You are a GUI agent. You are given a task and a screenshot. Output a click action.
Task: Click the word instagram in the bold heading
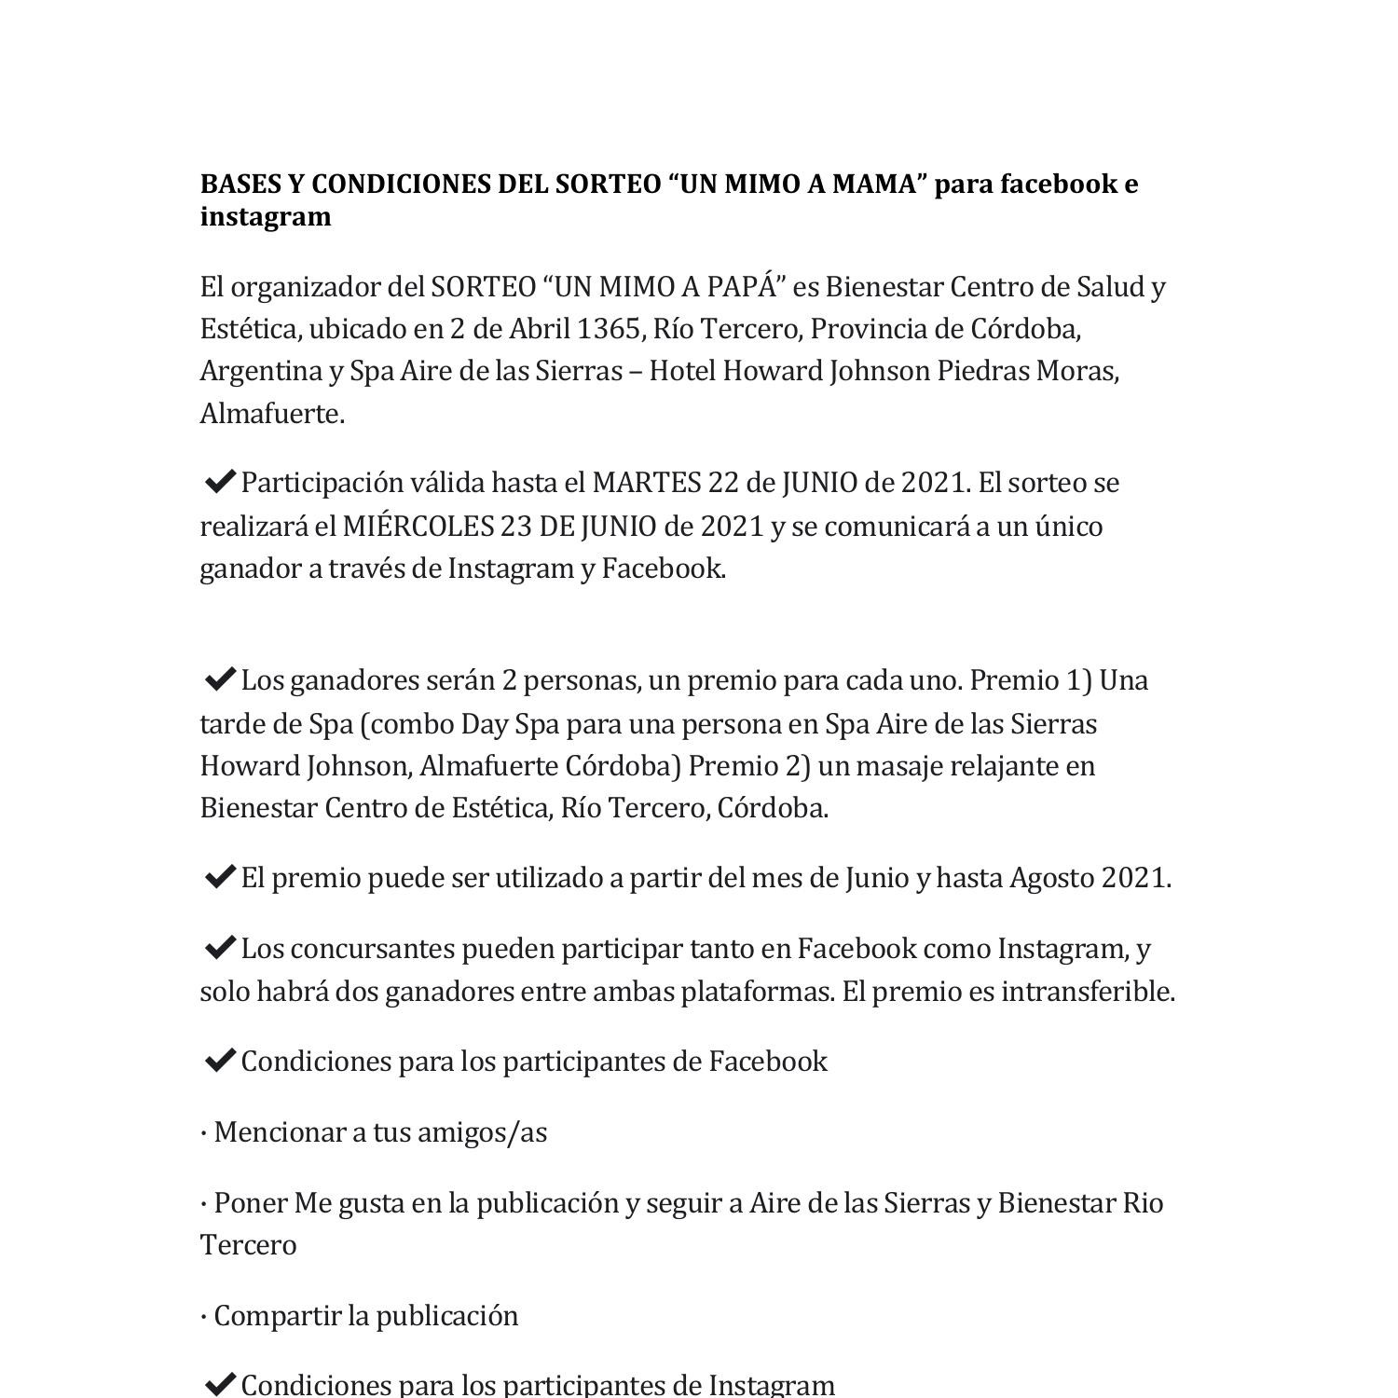pos(266,216)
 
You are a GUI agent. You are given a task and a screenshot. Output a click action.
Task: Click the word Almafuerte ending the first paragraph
pos(270,414)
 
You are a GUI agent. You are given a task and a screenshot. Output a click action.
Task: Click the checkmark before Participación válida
pos(218,482)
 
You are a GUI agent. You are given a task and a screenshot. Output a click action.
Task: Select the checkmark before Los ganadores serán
pos(218,680)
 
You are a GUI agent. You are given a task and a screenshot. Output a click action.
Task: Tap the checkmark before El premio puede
pos(218,878)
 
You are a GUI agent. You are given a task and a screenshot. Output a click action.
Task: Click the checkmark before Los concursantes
pos(218,949)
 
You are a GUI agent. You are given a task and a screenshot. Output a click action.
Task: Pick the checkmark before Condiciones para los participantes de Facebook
pos(218,1062)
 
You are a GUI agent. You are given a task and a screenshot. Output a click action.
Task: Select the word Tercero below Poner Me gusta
pos(248,1245)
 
